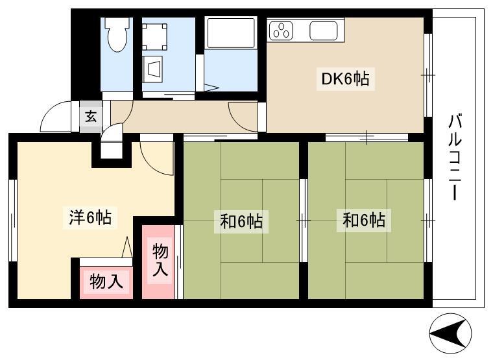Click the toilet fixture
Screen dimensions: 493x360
click(x=117, y=34)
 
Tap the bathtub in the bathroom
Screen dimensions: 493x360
click(x=231, y=33)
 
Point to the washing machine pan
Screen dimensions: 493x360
click(x=154, y=37)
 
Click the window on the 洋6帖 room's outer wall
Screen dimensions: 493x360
click(x=12, y=221)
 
